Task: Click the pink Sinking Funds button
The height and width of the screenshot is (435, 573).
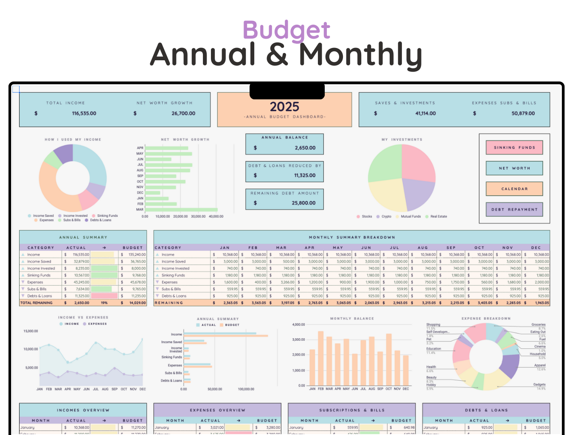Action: (514, 148)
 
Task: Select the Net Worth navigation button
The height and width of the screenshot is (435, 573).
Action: (514, 168)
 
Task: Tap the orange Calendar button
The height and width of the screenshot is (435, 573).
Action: (514, 189)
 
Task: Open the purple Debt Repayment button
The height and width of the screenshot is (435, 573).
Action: (514, 209)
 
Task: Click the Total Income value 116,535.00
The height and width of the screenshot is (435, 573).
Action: (84, 113)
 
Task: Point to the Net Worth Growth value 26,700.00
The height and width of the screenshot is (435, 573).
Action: (183, 113)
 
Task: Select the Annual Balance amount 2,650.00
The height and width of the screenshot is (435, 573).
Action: (305, 148)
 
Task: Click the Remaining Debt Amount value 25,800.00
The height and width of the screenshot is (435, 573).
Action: (303, 203)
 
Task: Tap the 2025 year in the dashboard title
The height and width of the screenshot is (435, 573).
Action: (284, 107)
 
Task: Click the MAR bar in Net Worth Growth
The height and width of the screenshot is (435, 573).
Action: (181, 210)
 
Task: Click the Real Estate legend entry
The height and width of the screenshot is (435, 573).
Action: (438, 216)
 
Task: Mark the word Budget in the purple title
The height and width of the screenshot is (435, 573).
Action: (286, 31)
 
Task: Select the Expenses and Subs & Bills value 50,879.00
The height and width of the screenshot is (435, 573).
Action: (523, 113)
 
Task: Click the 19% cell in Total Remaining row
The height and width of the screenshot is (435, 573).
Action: (104, 303)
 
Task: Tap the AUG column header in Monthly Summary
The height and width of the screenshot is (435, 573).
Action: (423, 247)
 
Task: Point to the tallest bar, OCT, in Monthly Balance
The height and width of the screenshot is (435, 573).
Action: (389, 359)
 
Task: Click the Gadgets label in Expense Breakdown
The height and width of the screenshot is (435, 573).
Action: (539, 384)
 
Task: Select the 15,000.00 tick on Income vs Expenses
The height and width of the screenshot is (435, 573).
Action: (31, 331)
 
